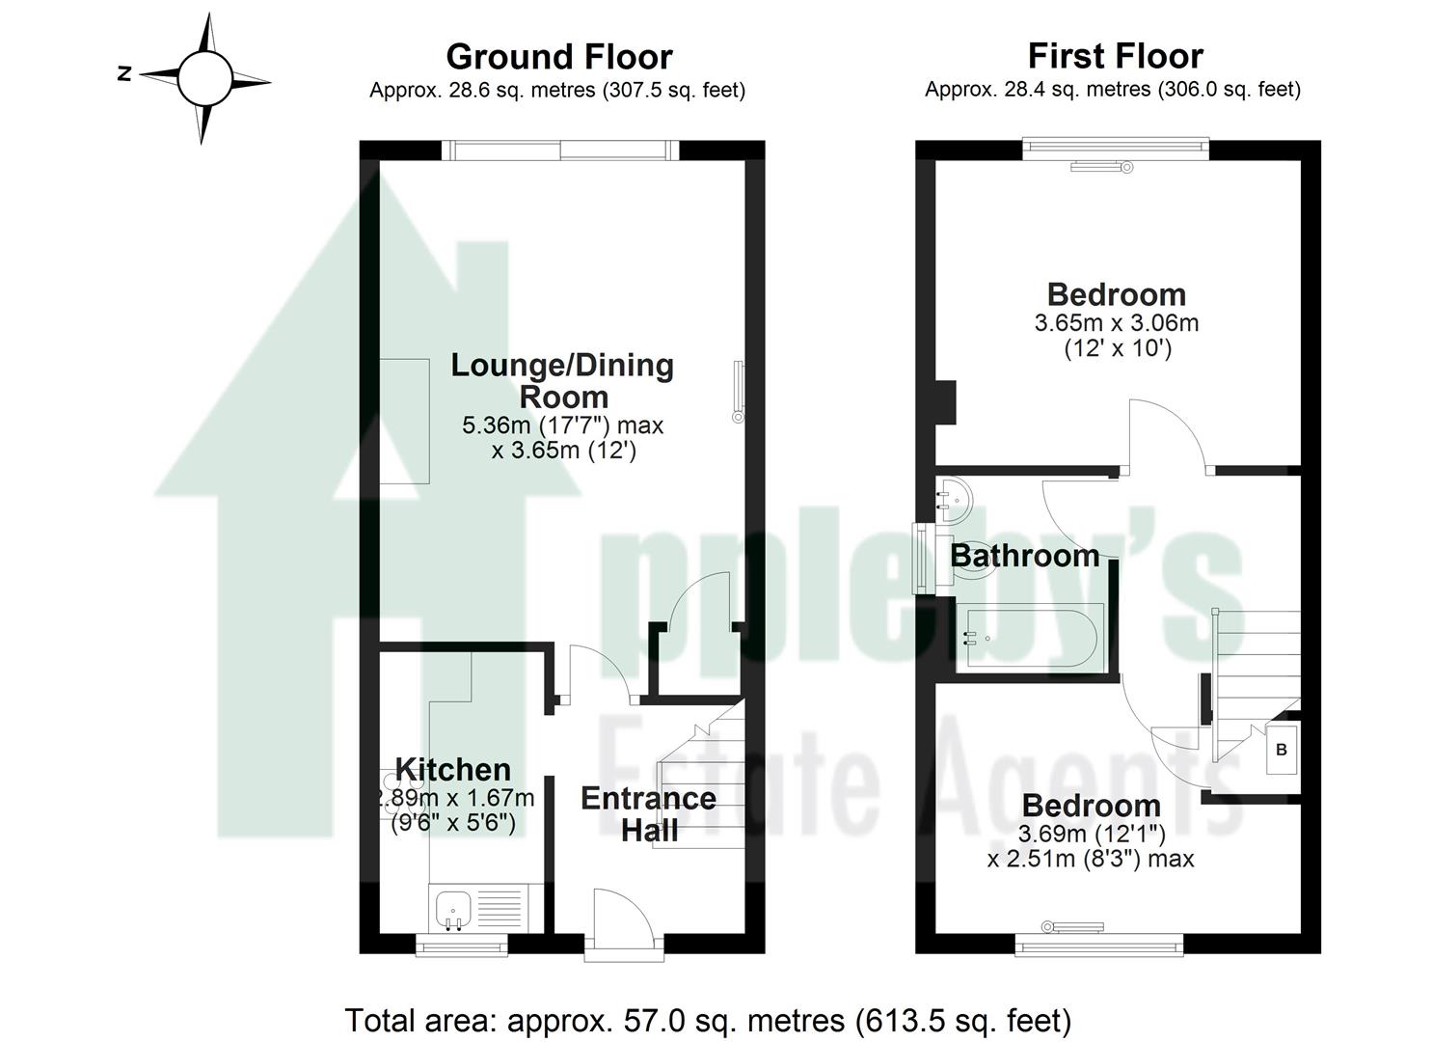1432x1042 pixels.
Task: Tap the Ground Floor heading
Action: click(558, 57)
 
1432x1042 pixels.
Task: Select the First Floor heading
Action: click(1115, 56)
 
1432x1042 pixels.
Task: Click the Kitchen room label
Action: click(453, 770)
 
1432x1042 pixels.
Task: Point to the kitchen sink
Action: click(452, 909)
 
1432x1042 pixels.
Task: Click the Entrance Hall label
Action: click(648, 814)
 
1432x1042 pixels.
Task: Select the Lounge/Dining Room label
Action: click(562, 380)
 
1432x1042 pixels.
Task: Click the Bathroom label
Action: click(1024, 556)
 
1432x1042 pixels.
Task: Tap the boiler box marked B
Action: click(1282, 750)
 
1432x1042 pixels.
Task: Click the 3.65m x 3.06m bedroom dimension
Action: click(1116, 323)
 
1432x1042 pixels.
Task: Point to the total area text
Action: click(708, 1020)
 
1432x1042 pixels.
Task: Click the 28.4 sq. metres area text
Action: click(1112, 90)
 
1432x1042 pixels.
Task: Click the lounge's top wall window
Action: click(560, 150)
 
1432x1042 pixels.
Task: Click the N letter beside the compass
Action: click(123, 73)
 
